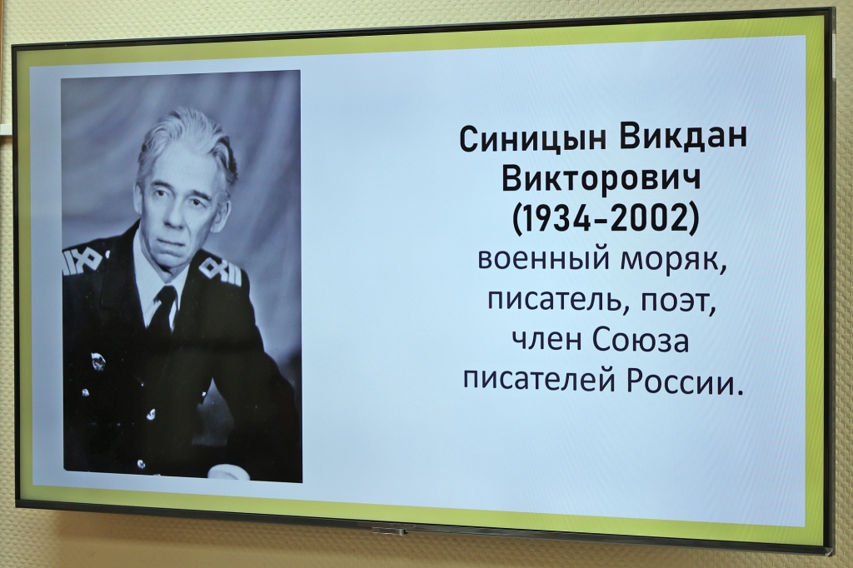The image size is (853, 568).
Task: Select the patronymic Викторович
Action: [601, 179]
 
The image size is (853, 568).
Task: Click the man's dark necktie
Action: [165, 310]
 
